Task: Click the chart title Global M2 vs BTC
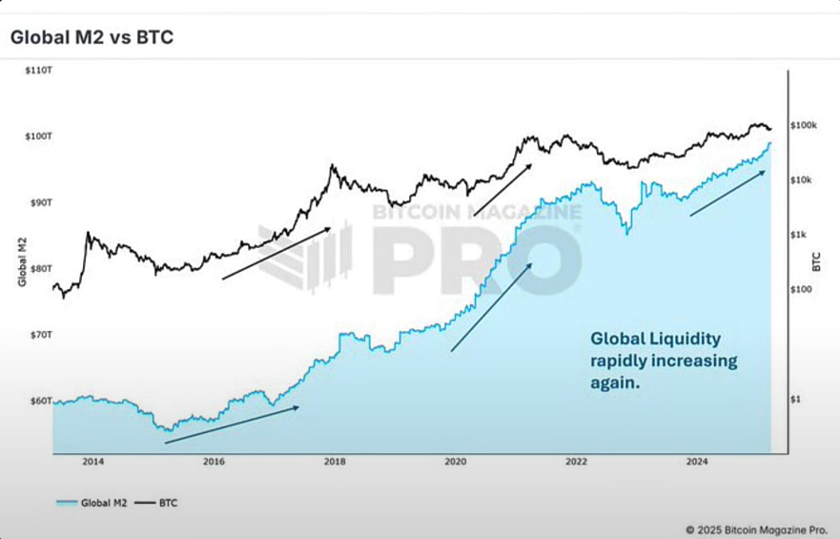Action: (91, 38)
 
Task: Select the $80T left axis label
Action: (37, 269)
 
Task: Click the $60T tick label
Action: (37, 402)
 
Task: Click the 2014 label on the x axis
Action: (92, 462)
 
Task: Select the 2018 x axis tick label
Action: (335, 462)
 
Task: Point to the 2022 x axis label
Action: (576, 462)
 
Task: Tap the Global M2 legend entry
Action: (92, 501)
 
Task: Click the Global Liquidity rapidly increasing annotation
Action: (664, 361)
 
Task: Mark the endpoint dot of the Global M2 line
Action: (769, 143)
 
